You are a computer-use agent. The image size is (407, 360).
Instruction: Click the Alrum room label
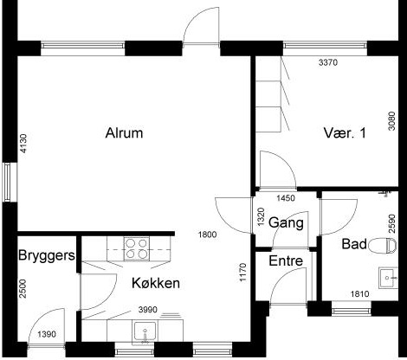coord(124,133)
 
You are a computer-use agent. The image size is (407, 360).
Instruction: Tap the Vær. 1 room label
coord(345,133)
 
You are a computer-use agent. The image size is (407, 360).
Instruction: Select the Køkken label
coord(156,283)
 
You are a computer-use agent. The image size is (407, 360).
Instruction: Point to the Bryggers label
coord(47,256)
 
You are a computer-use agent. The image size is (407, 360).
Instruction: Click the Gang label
coord(286,223)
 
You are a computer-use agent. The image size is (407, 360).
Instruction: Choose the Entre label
coord(286,261)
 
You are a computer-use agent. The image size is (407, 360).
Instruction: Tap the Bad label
coord(354,244)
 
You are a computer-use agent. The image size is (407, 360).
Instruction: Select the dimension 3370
coord(328,62)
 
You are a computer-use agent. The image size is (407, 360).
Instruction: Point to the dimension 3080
coord(391,121)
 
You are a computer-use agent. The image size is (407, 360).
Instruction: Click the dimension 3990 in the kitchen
coord(148,310)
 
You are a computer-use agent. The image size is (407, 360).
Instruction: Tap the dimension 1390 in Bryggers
coord(47,334)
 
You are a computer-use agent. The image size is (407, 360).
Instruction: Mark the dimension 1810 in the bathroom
coord(359,294)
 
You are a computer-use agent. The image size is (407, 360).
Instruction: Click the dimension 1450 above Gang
coord(286,198)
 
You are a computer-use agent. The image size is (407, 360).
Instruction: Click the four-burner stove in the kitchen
coord(137,248)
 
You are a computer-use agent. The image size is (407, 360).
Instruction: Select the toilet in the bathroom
coord(383,246)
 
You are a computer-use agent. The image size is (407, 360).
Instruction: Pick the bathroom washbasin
coord(389,278)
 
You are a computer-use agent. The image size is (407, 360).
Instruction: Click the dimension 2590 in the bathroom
coord(391,223)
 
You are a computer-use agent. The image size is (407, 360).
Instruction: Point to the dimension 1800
coord(208,235)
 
